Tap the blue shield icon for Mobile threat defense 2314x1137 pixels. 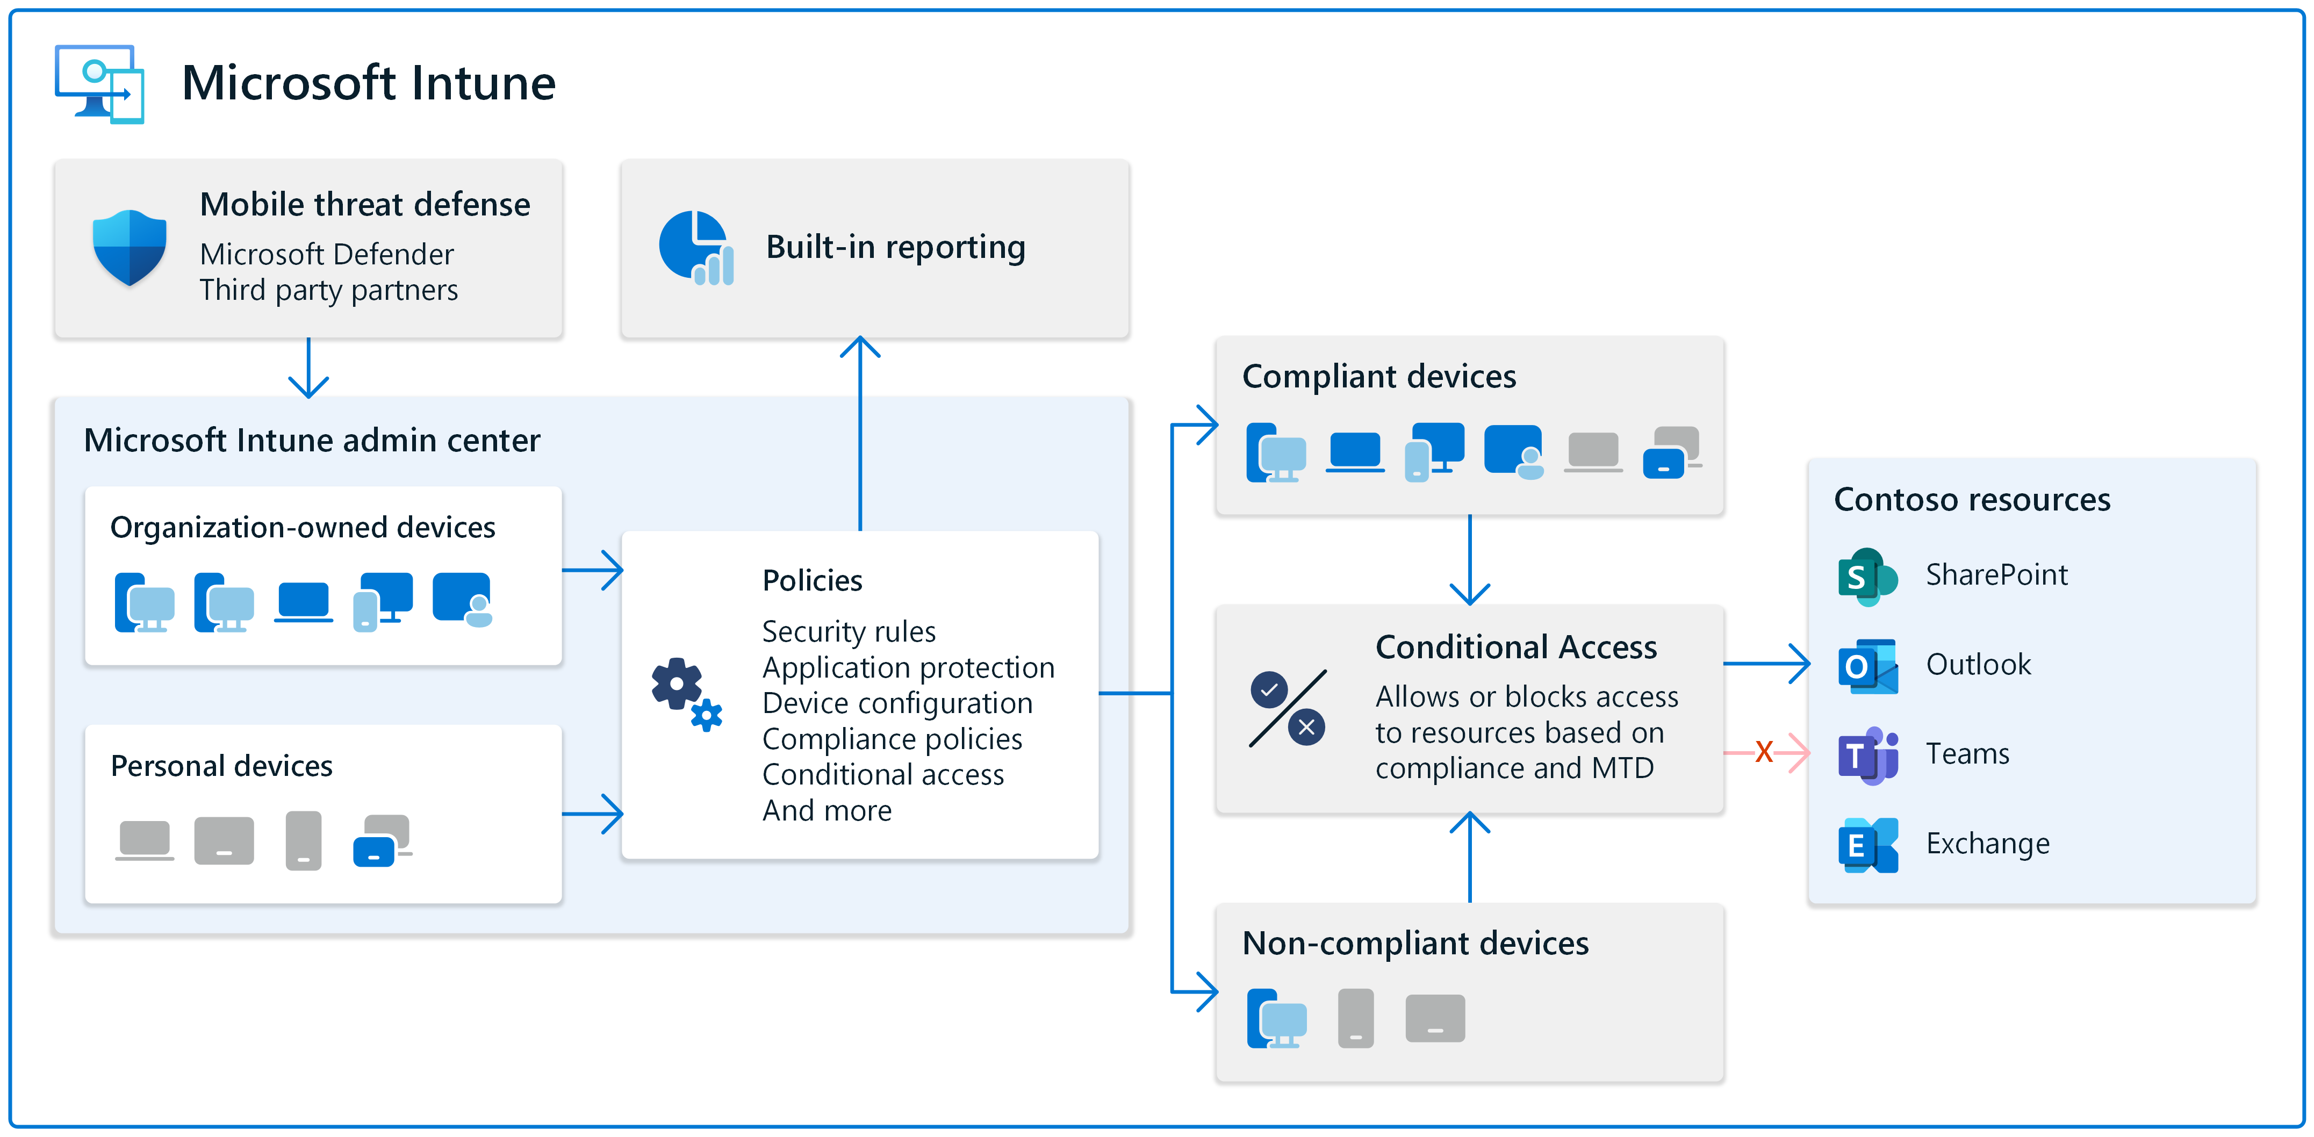[x=130, y=248]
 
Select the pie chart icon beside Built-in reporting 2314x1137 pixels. [x=695, y=248]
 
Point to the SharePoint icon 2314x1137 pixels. [x=1867, y=575]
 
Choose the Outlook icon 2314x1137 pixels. [x=1867, y=666]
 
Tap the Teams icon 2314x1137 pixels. [x=1867, y=754]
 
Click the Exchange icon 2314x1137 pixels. [x=1867, y=844]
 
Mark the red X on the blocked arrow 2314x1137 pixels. [x=1763, y=752]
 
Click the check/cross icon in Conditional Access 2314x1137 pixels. [x=1287, y=709]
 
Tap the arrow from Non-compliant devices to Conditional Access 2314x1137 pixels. [x=1470, y=858]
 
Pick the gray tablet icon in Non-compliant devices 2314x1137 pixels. [x=1435, y=1018]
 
